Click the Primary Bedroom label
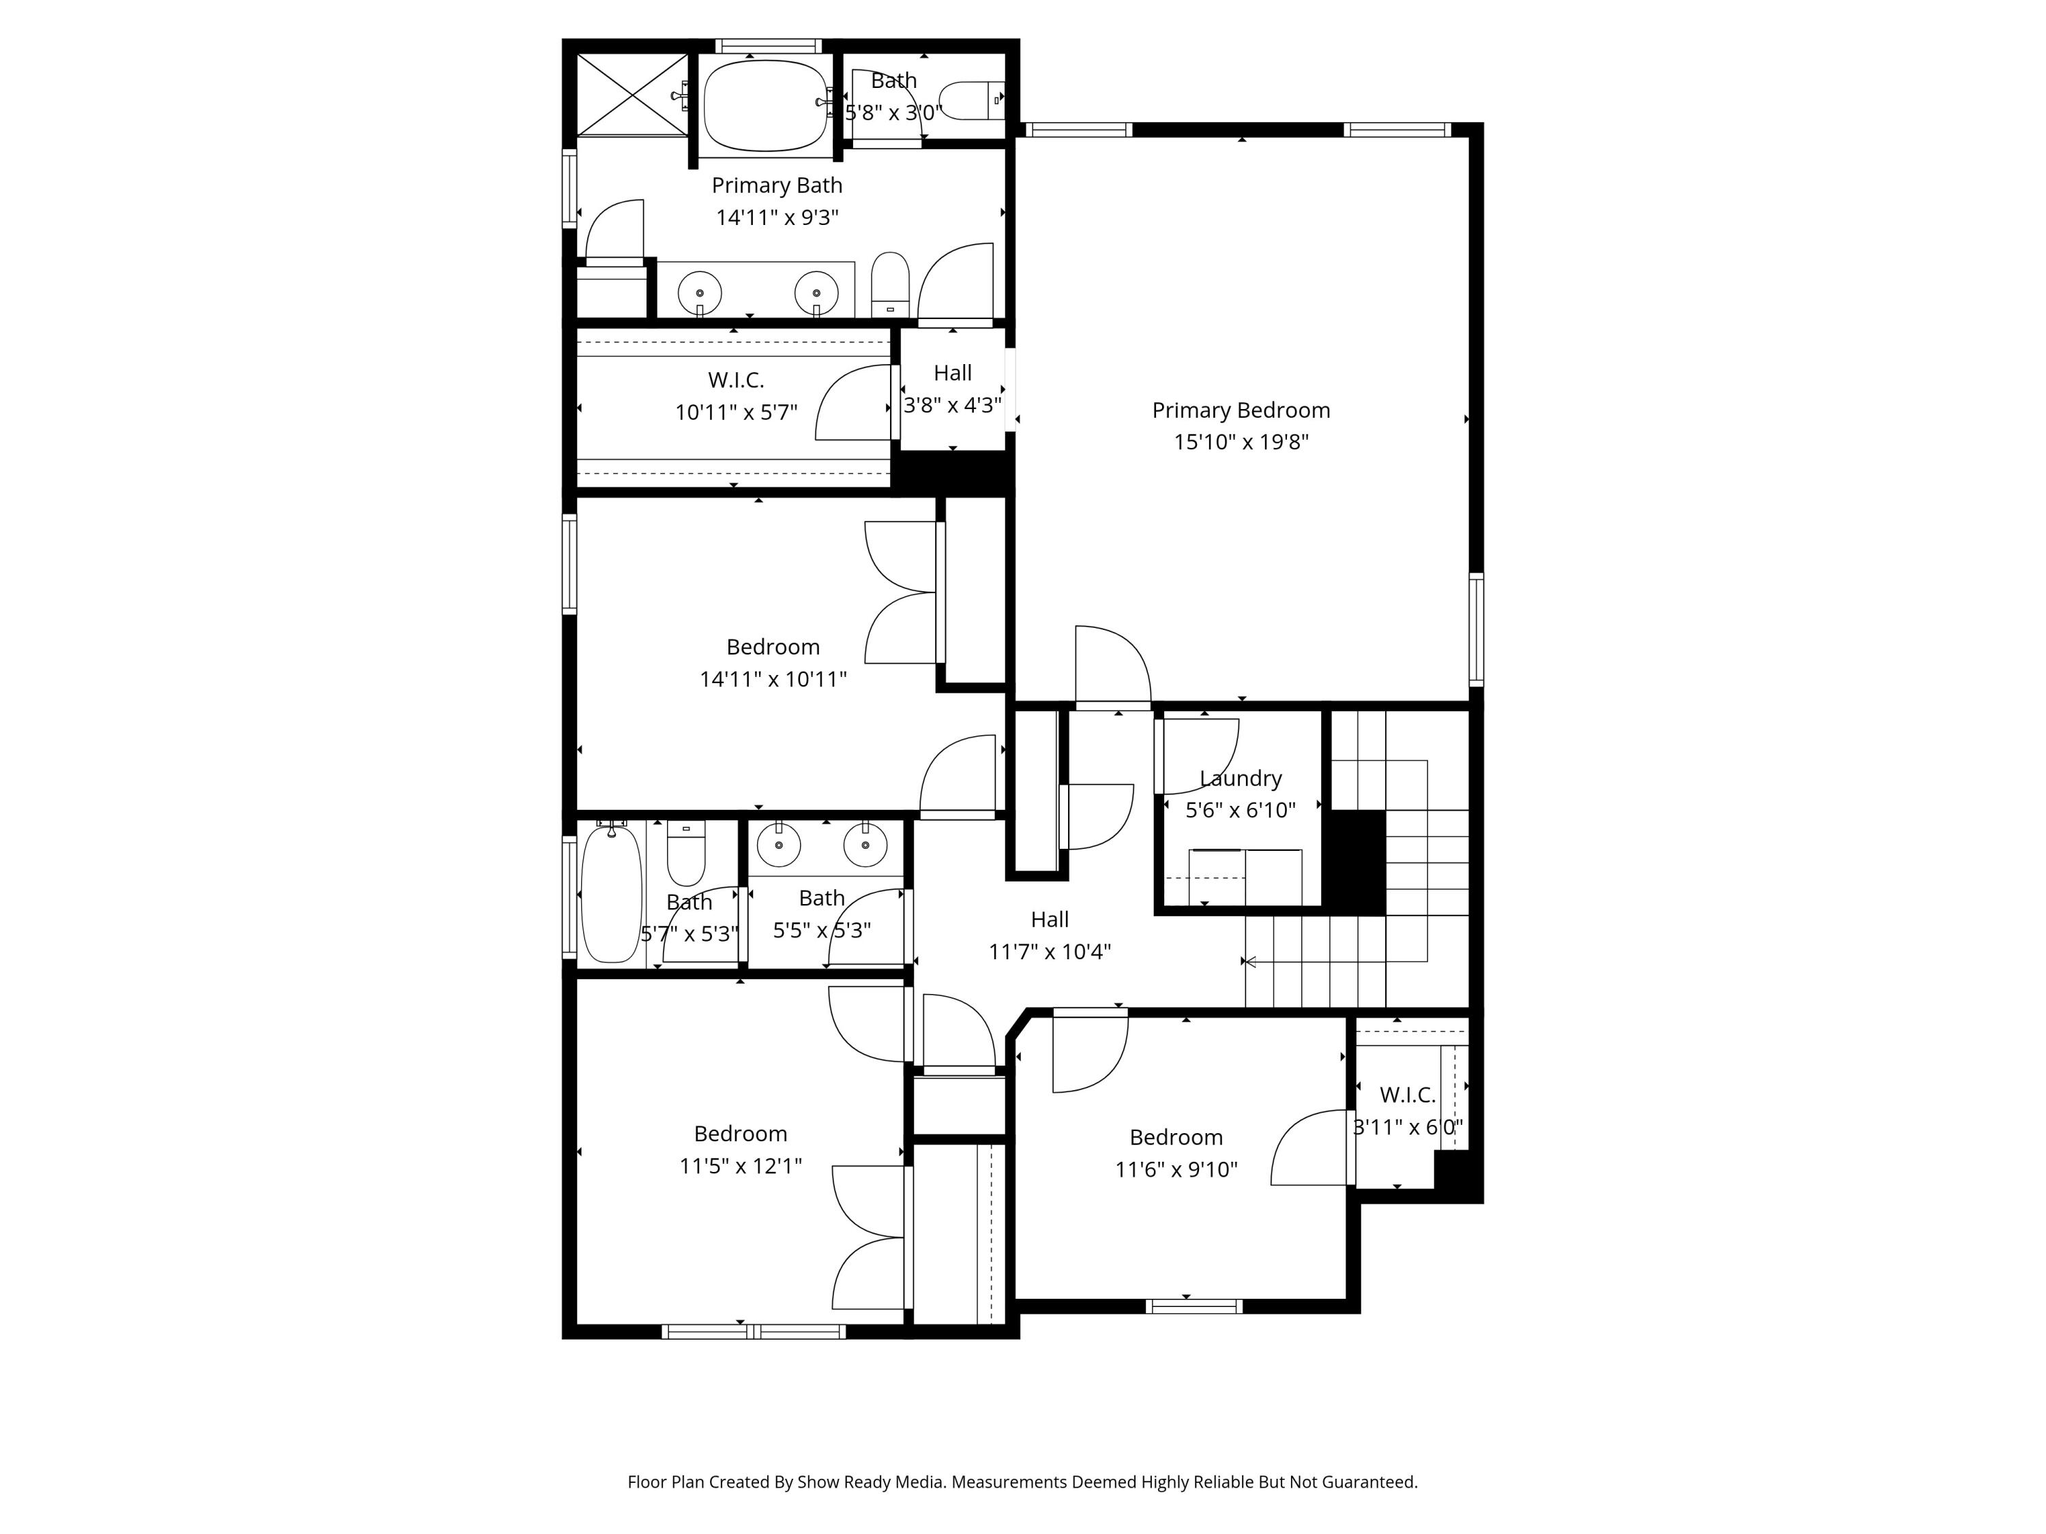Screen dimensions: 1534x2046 (1241, 410)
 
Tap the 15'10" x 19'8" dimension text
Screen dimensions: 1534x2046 (1241, 442)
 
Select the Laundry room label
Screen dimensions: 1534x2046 (1241, 778)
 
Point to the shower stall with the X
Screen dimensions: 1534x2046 (633, 94)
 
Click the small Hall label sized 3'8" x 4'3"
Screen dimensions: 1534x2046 (952, 373)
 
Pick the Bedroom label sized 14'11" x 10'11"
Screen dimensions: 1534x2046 (772, 646)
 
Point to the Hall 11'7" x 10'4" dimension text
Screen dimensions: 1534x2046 (1049, 952)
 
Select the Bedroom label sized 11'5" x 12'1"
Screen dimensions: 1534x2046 (740, 1134)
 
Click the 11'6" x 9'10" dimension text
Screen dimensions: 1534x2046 (1176, 1170)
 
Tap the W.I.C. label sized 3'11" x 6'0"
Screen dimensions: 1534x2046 (1407, 1095)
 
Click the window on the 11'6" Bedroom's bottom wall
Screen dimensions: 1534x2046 (1193, 1306)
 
